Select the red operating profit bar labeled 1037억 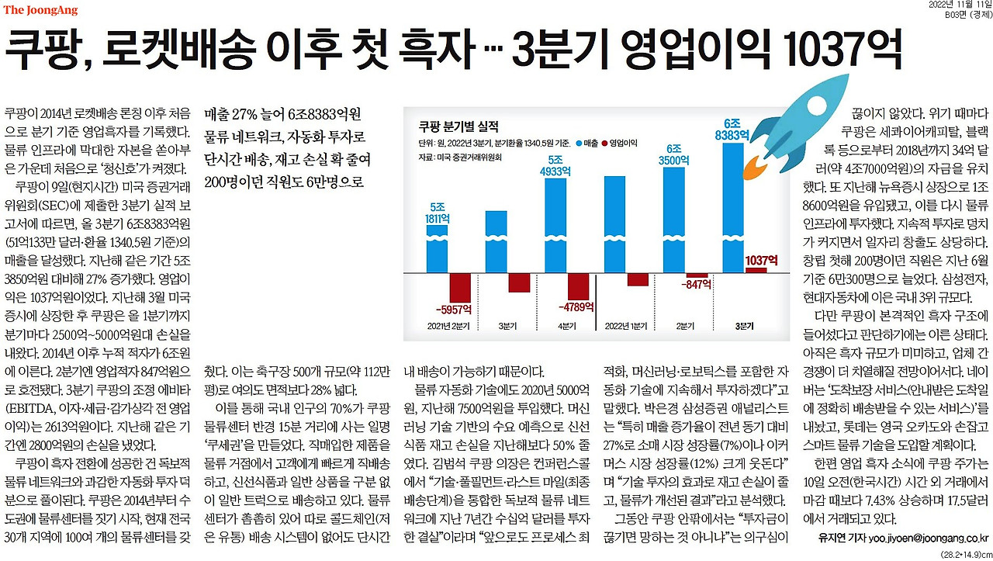pos(755,270)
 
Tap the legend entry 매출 pos(590,144)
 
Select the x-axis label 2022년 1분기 pos(625,325)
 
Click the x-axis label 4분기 pos(567,325)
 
